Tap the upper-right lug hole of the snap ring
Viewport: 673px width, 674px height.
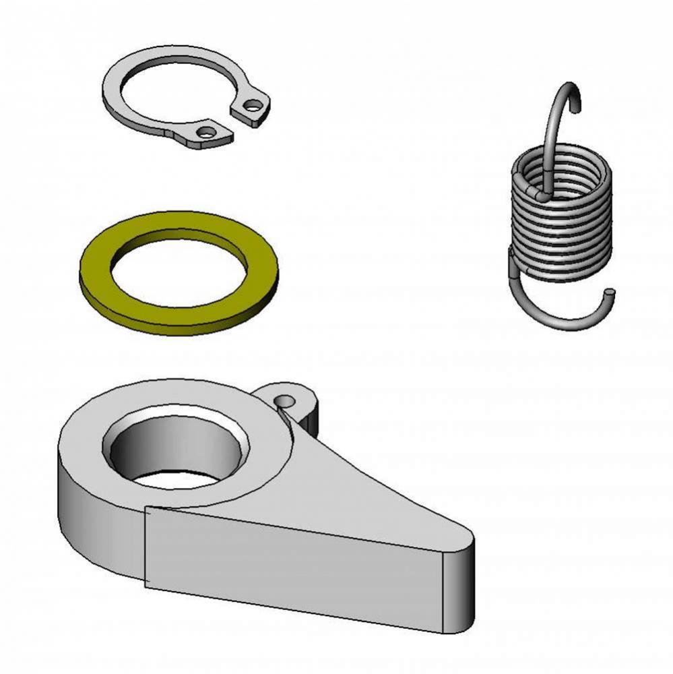252,105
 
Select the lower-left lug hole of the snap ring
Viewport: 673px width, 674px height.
206,132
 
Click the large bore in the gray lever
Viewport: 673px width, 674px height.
175,452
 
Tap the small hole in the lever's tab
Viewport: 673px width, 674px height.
286,402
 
